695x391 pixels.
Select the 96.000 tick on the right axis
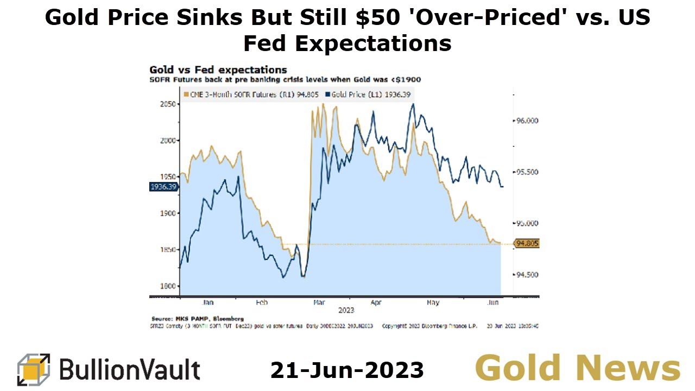[526, 121]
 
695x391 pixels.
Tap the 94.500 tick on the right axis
[526, 275]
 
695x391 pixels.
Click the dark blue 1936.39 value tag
[163, 187]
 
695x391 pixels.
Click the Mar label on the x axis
[320, 302]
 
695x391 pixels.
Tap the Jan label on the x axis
[207, 302]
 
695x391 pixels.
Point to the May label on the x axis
[433, 302]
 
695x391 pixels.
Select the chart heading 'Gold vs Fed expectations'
[218, 70]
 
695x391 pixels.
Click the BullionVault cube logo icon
[34, 369]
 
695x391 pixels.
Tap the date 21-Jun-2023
[347, 370]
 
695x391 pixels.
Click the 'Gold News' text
[577, 368]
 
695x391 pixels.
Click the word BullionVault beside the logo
[129, 370]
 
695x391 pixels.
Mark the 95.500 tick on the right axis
[526, 172]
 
